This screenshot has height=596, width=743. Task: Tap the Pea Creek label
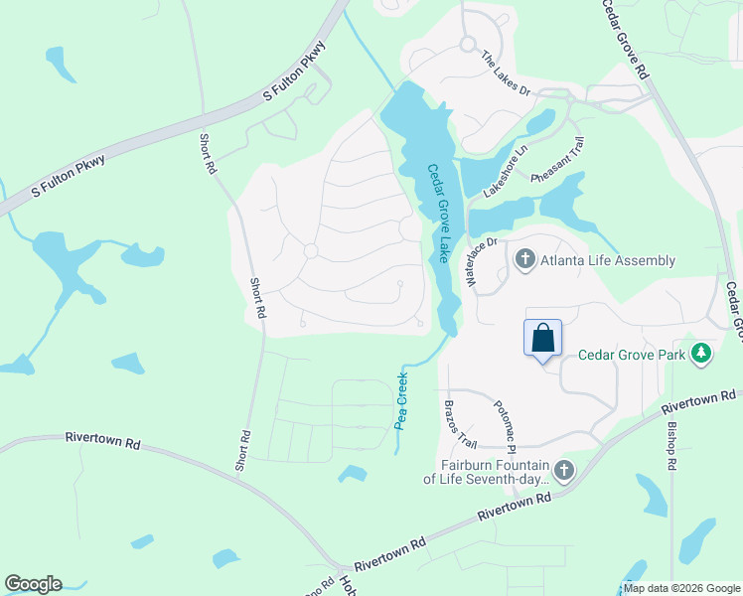pos(401,399)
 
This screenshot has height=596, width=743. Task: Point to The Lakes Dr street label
pos(507,74)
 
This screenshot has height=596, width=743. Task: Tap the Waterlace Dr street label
pos(482,260)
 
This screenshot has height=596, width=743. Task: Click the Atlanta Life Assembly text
pos(608,261)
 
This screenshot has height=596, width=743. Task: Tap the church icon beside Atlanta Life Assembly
pos(524,260)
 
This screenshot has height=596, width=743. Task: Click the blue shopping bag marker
pos(543,338)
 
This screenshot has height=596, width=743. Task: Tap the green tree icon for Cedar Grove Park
pos(702,353)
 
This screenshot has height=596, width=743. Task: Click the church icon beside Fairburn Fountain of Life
pos(563,469)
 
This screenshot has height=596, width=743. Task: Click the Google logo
pos(33,584)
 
